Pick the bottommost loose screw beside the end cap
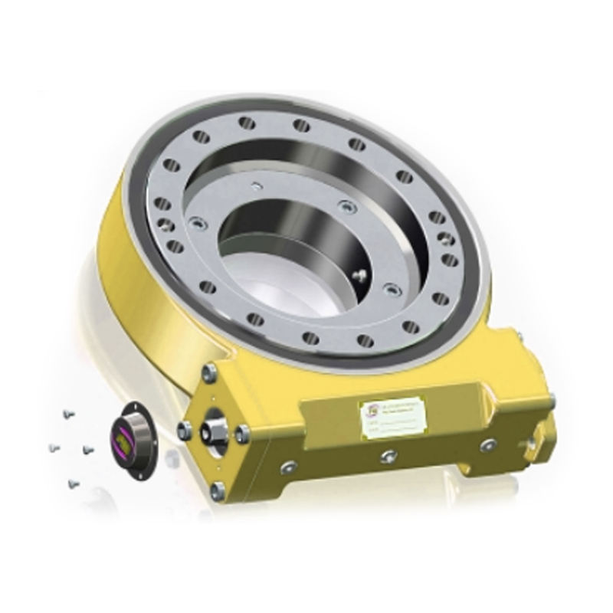[73, 483]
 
